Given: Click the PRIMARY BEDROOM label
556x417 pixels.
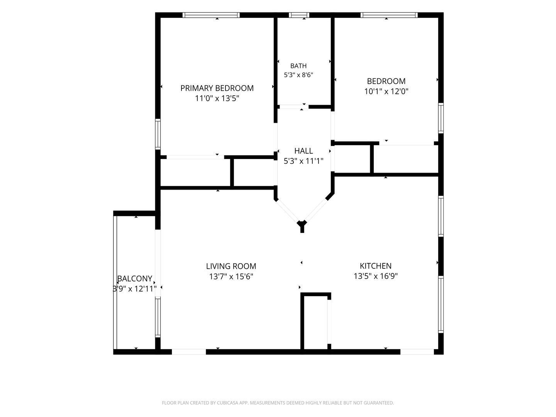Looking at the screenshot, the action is point(217,88).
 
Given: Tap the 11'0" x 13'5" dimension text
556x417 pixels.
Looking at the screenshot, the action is point(217,98).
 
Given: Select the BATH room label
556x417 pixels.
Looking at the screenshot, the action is point(298,66).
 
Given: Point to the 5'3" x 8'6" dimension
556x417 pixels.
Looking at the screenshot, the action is point(298,75).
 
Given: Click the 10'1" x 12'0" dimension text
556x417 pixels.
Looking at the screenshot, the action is point(386,91).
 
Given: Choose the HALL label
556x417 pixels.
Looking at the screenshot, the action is point(303,151).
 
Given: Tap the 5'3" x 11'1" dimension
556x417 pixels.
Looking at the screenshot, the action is point(303,161).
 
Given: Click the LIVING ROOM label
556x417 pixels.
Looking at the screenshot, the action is point(231,266).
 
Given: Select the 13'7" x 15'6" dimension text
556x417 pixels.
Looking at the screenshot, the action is point(231,276).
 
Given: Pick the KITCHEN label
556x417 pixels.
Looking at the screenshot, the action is point(376,266).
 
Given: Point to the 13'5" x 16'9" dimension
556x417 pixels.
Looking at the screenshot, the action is point(376,276).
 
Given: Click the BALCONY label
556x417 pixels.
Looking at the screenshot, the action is point(135,278).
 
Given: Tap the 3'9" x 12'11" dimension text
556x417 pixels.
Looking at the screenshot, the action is point(134,289).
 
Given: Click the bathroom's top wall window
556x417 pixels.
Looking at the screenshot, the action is point(299,15).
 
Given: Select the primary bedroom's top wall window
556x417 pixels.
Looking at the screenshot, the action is point(211,15).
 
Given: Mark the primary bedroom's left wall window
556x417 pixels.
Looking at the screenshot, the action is point(158,134).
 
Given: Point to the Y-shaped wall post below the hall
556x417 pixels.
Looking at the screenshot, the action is point(302,226).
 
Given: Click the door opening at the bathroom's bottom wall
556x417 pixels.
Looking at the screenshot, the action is point(293,107).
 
